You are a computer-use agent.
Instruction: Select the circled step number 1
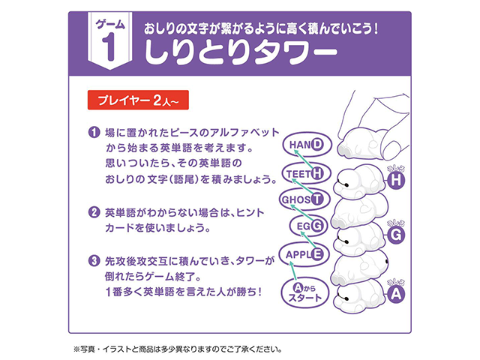click(94, 133)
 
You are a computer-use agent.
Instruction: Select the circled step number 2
click(94, 211)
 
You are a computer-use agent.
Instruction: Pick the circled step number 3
click(94, 261)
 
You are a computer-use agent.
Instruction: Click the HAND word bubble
click(305, 145)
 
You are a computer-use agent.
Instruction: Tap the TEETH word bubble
click(306, 174)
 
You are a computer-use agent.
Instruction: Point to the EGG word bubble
click(307, 225)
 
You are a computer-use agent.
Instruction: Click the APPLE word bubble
click(304, 253)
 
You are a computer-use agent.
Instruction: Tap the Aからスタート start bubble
click(304, 292)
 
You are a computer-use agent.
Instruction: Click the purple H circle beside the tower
click(397, 181)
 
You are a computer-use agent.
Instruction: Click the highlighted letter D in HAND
click(319, 145)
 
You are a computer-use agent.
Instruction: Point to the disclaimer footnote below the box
click(177, 349)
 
